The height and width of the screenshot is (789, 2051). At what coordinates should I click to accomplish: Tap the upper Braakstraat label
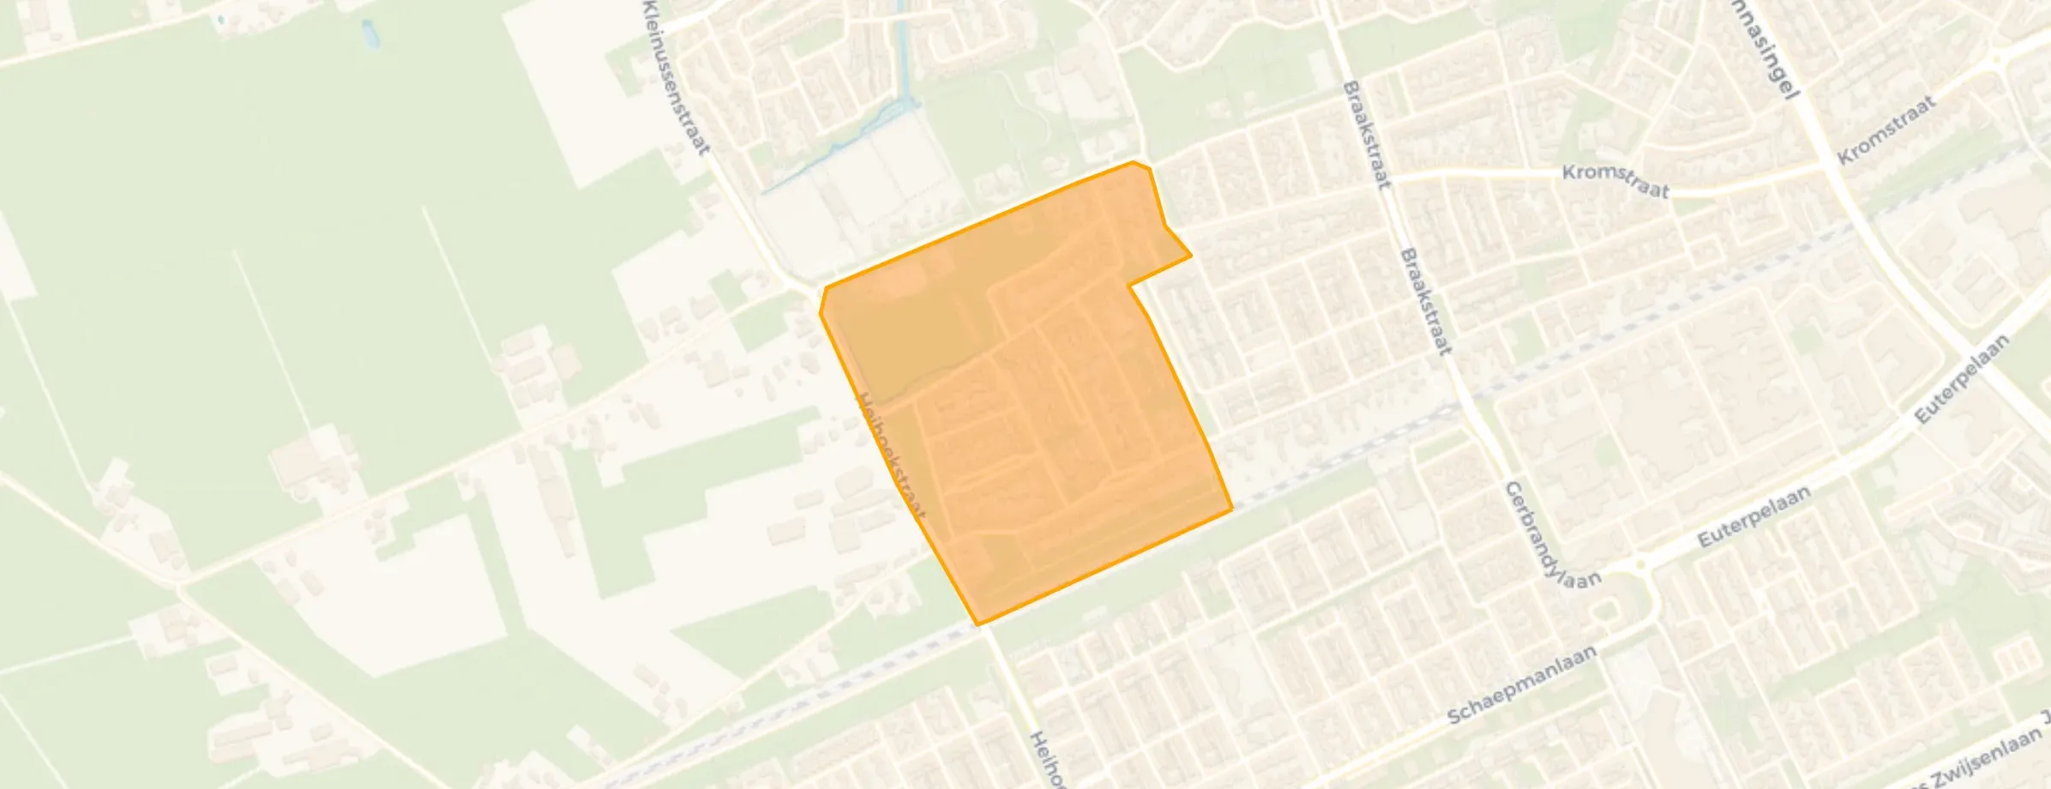1367,135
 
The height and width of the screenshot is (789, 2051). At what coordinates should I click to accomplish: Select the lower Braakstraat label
1426,301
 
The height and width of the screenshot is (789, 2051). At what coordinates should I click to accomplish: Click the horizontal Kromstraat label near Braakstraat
1615,181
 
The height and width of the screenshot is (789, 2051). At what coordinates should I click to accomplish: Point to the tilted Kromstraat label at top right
1886,130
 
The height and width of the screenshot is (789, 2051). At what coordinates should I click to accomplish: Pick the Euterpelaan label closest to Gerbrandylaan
1753,516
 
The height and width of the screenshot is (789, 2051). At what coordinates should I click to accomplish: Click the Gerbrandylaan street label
1552,533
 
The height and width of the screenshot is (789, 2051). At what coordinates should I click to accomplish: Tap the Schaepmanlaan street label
1522,685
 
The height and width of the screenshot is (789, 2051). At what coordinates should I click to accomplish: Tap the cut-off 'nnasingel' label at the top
1767,60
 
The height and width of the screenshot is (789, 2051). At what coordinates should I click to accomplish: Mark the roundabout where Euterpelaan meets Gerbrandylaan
1641,563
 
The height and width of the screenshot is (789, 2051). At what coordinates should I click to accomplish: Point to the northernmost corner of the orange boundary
1134,161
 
